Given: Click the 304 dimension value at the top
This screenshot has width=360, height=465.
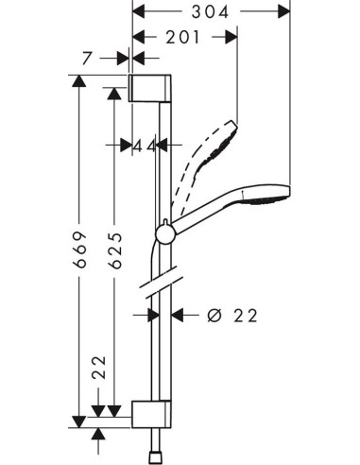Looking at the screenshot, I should [210, 13].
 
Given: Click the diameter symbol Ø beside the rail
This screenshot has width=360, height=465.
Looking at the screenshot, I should [214, 315].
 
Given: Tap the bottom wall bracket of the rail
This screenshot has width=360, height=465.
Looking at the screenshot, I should [151, 412].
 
